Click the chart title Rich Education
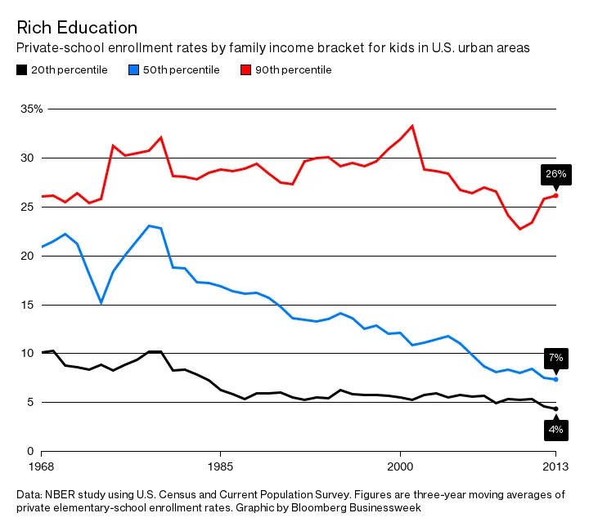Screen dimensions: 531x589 (x=77, y=29)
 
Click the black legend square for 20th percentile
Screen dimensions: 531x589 (x=22, y=70)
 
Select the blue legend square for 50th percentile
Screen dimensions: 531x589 (x=133, y=70)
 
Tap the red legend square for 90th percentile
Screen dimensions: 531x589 (x=245, y=70)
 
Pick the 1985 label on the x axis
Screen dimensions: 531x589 (x=219, y=466)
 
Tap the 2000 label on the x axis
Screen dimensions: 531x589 (x=399, y=466)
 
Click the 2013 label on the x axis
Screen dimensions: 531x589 (x=555, y=466)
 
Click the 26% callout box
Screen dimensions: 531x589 (x=555, y=174)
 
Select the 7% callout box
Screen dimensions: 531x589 (x=555, y=358)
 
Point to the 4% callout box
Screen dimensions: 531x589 (x=555, y=429)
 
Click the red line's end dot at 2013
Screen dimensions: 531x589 (x=555, y=195)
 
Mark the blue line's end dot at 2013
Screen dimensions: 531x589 (x=555, y=379)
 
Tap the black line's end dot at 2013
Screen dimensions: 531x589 (x=555, y=408)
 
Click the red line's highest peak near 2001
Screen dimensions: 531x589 (x=411, y=126)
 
